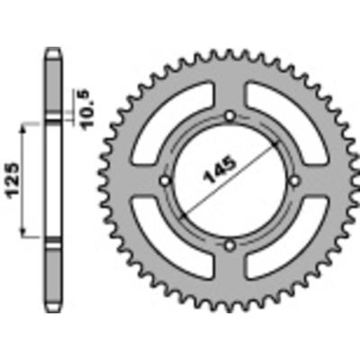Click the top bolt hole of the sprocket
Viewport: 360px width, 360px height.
tap(230, 116)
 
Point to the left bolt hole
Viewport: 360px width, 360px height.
tap(166, 180)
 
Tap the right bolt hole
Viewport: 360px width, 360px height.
tap(294, 180)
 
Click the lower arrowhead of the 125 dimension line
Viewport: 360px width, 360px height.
tap(26, 236)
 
